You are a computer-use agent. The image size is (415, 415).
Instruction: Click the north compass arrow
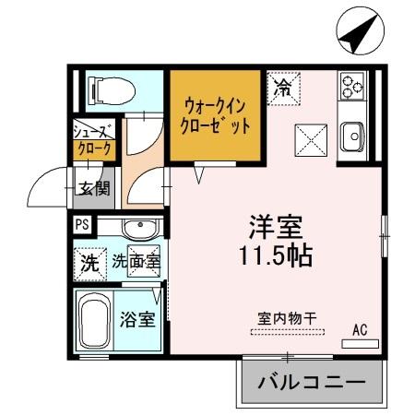(x=354, y=35)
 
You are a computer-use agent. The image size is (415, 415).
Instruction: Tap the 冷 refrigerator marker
(x=283, y=89)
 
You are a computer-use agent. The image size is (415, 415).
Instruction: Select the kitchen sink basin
(x=353, y=137)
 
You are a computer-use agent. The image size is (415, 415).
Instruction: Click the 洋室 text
(x=276, y=226)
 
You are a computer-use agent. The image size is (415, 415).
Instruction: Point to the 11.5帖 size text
(x=276, y=255)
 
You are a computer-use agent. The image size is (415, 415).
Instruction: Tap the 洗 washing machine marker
(x=89, y=261)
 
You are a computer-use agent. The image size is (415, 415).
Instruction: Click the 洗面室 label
(x=136, y=262)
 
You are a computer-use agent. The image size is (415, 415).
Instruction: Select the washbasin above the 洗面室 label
(x=139, y=229)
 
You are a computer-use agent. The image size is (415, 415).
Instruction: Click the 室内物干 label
(x=286, y=318)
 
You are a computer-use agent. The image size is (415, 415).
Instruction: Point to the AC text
(x=361, y=327)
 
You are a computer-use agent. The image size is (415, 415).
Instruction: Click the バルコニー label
(x=311, y=381)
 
